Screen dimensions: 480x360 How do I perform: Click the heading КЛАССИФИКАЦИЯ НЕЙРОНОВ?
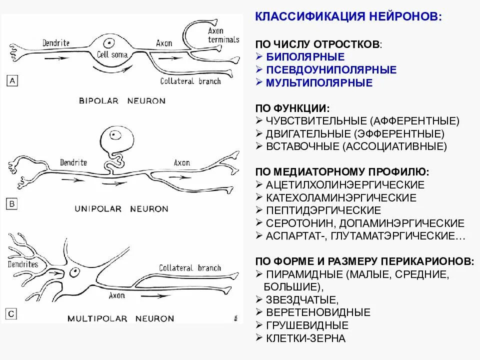click(x=348, y=17)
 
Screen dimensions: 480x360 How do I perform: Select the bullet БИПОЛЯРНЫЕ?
click(x=305, y=57)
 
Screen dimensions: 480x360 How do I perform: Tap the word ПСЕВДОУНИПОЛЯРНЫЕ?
click(x=331, y=70)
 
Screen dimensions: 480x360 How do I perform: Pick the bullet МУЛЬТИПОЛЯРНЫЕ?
click(x=319, y=83)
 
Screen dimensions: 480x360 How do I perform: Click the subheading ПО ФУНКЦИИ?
click(x=292, y=108)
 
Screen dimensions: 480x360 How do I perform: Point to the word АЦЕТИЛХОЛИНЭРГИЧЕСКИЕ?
click(x=345, y=185)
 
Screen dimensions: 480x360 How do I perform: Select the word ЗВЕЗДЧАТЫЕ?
click(x=302, y=300)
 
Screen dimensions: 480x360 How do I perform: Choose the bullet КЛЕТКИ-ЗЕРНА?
click(x=305, y=338)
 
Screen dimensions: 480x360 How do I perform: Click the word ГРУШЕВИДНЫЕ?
click(x=307, y=325)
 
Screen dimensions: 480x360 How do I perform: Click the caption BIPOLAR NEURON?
click(x=122, y=100)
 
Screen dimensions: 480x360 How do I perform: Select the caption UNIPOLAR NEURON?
click(x=121, y=208)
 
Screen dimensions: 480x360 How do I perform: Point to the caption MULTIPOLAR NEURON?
click(x=121, y=318)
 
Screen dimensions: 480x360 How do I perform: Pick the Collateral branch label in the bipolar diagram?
click(x=190, y=81)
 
